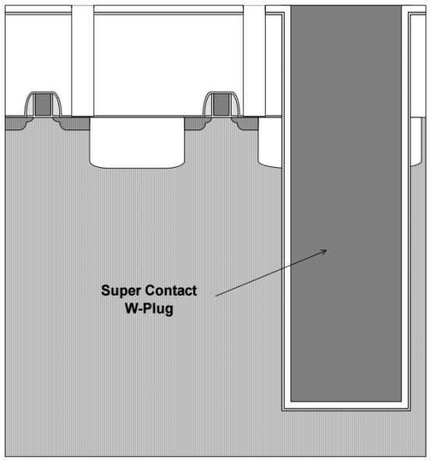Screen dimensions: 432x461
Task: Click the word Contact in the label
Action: coord(171,290)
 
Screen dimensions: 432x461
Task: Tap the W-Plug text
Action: coord(149,309)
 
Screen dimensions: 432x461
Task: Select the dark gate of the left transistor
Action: coord(43,105)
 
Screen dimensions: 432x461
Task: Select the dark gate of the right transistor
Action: coord(221,105)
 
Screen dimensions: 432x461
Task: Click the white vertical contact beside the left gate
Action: coord(83,60)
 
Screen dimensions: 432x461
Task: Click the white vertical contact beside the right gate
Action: coord(254,60)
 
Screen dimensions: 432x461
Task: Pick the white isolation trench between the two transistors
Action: coord(137,143)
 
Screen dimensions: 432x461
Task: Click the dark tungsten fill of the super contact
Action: coord(346,203)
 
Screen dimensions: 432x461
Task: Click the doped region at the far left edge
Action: coord(15,123)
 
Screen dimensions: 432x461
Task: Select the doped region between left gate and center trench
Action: coord(75,124)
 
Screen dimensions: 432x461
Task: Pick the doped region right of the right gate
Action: coord(247,124)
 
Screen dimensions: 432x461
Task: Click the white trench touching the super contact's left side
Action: coord(270,143)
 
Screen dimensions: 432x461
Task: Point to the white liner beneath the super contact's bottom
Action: coord(346,405)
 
